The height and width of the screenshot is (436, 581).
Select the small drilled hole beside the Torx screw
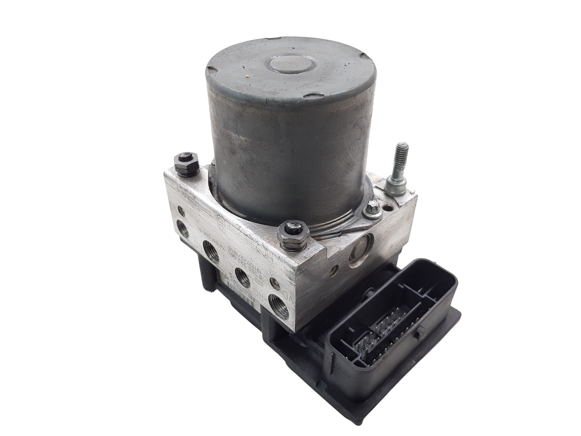[x=389, y=209]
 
